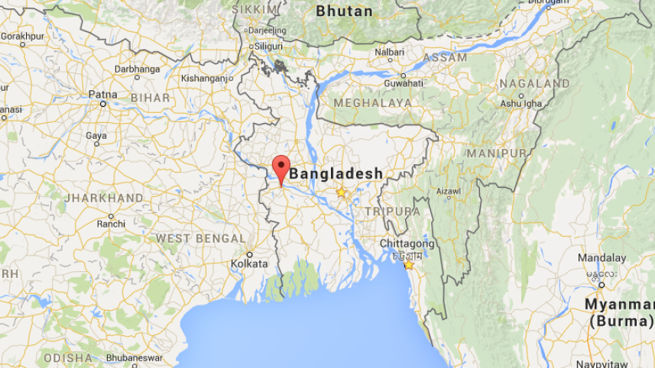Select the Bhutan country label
[345, 11]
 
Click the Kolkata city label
[250, 263]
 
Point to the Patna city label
[102, 95]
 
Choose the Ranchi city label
[111, 224]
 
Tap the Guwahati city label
[403, 83]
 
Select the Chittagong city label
[407, 244]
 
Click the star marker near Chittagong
[409, 264]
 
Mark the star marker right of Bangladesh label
[342, 192]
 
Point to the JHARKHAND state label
[104, 199]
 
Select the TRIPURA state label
[392, 211]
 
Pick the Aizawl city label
[449, 192]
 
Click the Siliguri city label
[268, 46]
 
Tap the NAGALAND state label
[534, 83]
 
